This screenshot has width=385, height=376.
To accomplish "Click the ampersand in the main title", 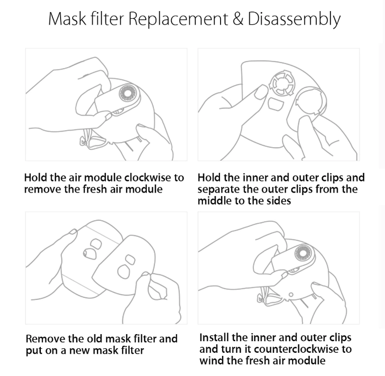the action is tap(238, 18).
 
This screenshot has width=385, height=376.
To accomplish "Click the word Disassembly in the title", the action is tap(294, 20).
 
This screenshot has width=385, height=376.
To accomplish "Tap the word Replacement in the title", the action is tap(178, 20).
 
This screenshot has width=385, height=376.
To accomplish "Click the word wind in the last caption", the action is tap(210, 360).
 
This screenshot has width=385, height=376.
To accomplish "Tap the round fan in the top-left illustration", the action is tap(128, 93).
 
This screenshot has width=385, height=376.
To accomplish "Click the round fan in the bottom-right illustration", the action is tap(303, 254).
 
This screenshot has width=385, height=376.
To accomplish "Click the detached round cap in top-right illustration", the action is tap(311, 101).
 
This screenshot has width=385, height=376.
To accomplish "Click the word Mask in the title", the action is tap(67, 19).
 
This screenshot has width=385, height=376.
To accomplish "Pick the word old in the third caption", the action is tap(94, 339).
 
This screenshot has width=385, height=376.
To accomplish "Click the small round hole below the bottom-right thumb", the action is tap(291, 294).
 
